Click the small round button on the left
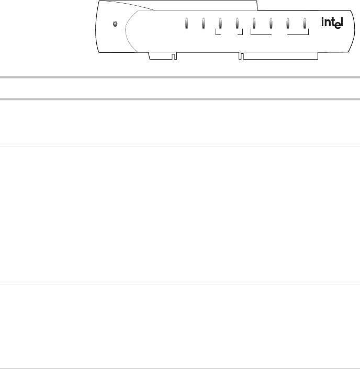tap(115, 24)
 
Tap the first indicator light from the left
tap(187, 24)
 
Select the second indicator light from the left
tap(204, 24)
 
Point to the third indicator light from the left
tap(220, 24)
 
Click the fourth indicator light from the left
tap(237, 24)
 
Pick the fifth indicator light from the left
tap(254, 24)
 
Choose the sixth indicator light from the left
tap(271, 24)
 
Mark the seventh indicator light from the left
tap(288, 24)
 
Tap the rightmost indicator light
tap(305, 24)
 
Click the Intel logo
tap(332, 23)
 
